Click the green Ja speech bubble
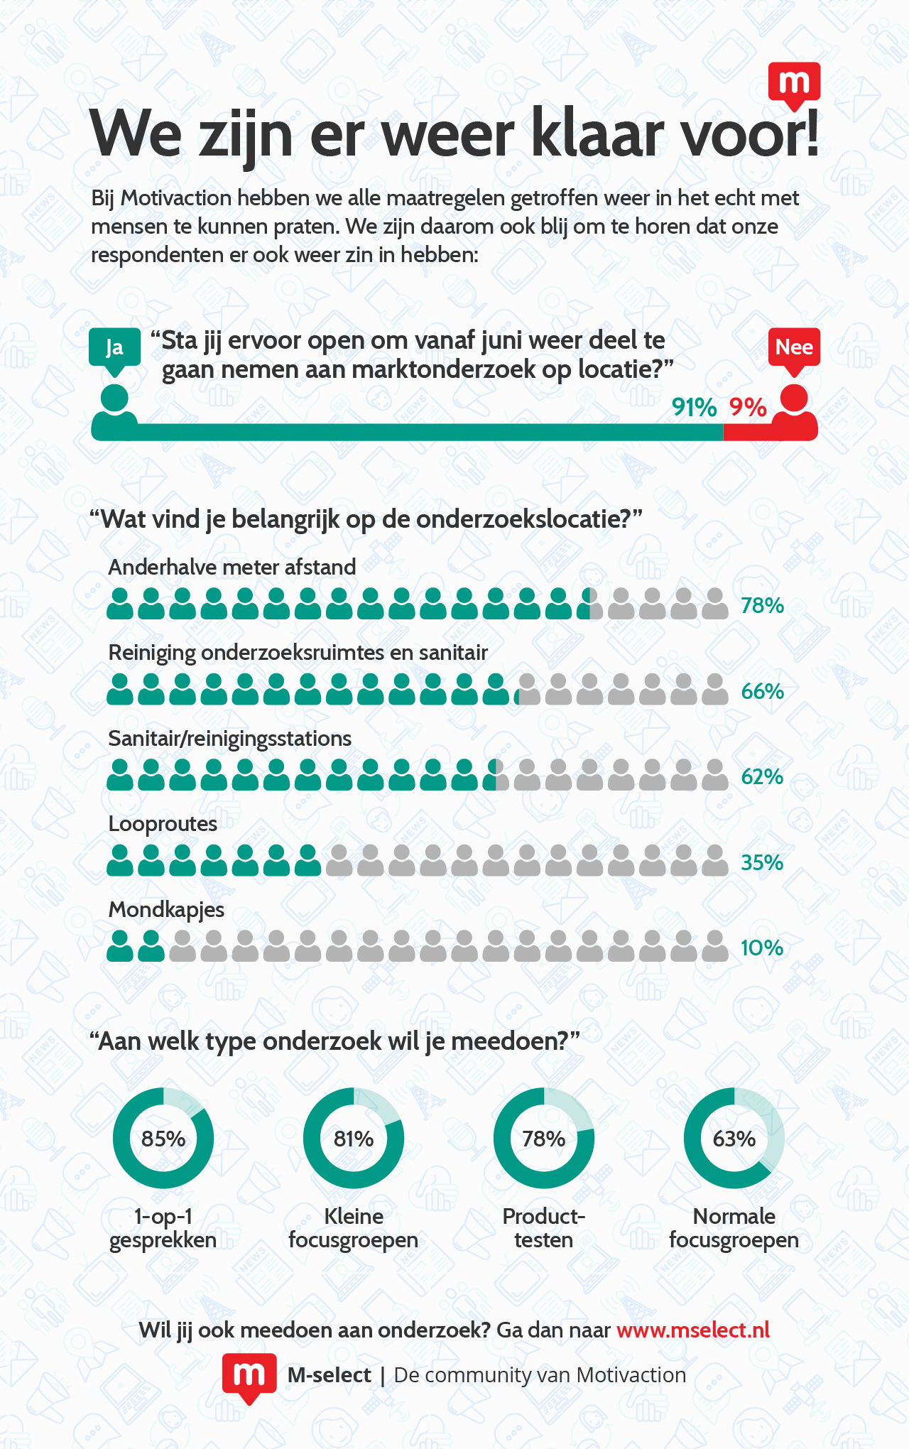(114, 347)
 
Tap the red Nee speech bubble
(794, 347)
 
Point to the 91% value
(694, 408)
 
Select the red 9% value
(748, 408)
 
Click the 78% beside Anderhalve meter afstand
(762, 606)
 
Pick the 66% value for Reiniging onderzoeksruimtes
(762, 691)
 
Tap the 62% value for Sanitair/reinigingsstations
(762, 777)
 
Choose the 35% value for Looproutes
(762, 862)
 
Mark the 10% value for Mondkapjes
(762, 948)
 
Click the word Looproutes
(163, 824)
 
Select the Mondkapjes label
(166, 910)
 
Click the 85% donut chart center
(163, 1139)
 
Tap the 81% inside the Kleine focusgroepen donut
(354, 1139)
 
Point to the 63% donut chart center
(734, 1139)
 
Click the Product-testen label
(543, 1228)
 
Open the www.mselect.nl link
(693, 1330)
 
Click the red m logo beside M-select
(249, 1376)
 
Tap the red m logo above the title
(794, 85)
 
